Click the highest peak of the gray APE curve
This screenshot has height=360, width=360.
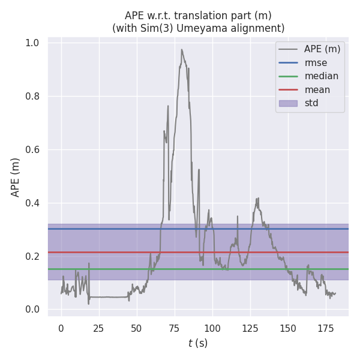point(181,50)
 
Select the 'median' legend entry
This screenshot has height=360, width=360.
point(322,76)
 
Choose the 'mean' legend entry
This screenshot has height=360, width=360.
point(317,90)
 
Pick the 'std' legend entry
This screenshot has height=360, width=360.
point(311,103)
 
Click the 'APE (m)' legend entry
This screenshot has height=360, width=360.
point(322,49)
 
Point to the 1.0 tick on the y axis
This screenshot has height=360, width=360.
point(32,43)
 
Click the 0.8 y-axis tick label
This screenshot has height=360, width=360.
point(32,97)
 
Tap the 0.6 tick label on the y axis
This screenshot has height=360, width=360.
point(32,150)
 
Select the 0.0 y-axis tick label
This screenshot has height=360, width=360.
point(32,310)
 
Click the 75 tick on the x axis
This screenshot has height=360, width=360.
point(175,328)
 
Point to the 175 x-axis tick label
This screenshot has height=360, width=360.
point(326,328)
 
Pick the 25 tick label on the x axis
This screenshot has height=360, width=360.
point(99,328)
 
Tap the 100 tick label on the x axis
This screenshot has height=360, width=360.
point(212,328)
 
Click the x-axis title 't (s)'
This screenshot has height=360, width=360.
point(198,343)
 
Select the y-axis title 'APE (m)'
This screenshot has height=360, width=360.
point(16,177)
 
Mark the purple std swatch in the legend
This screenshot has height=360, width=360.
point(288,103)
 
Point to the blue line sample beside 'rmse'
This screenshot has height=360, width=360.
point(288,62)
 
